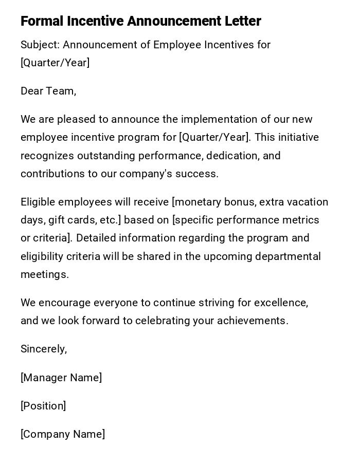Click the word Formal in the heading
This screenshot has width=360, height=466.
pyautogui.click(x=42, y=21)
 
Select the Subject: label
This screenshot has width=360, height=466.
pyautogui.click(x=40, y=45)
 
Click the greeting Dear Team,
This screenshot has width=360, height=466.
pyautogui.click(x=48, y=91)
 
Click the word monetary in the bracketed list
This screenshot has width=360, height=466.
pyautogui.click(x=194, y=202)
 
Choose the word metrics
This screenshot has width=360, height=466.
pyautogui.click(x=301, y=220)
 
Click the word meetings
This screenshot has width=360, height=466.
pyautogui.click(x=44, y=274)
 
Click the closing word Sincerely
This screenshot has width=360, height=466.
pyautogui.click(x=44, y=349)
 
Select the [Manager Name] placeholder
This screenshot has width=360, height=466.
pyautogui.click(x=61, y=378)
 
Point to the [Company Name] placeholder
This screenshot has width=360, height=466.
pyautogui.click(x=63, y=434)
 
